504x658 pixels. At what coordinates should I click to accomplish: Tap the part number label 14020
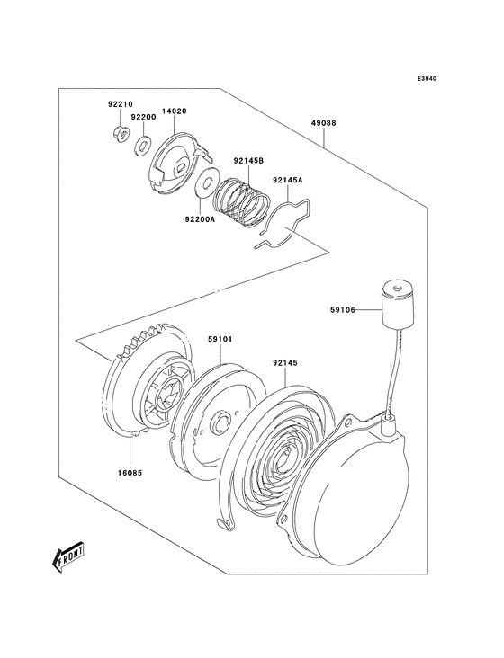tap(174, 112)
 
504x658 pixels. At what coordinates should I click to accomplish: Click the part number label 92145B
tap(248, 162)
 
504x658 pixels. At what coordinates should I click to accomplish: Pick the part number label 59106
tap(343, 310)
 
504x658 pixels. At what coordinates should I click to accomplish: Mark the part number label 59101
tap(220, 340)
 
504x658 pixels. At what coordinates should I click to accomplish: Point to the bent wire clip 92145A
tap(286, 226)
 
